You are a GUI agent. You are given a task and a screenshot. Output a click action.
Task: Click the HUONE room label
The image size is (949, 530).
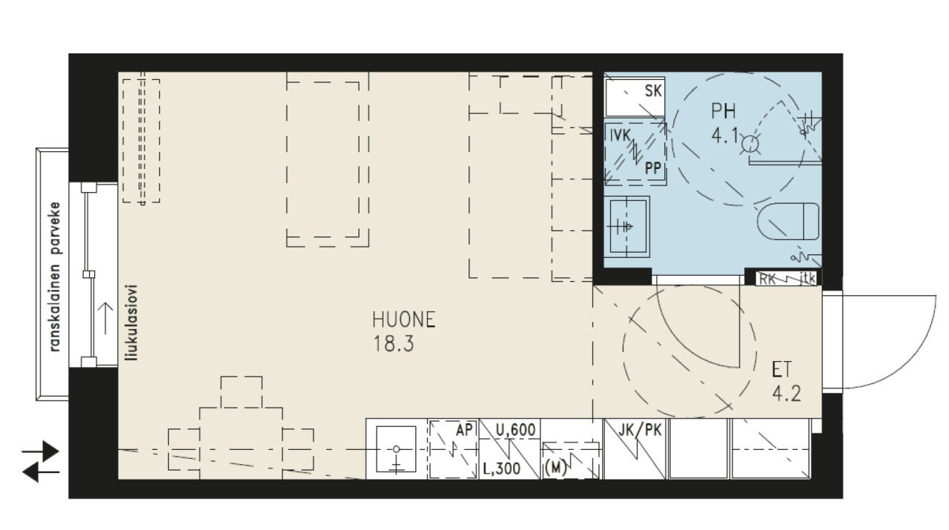[404, 320]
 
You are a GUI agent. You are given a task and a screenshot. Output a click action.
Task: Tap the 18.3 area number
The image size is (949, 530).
[393, 344]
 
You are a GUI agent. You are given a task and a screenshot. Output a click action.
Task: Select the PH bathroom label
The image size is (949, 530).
[723, 111]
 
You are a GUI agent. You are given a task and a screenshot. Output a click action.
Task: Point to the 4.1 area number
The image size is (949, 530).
[725, 136]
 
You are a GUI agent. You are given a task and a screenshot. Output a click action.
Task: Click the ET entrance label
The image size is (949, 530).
[781, 370]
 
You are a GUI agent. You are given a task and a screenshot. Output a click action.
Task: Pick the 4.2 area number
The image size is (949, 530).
[787, 394]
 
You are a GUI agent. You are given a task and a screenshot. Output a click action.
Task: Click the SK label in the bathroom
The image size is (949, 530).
[653, 91]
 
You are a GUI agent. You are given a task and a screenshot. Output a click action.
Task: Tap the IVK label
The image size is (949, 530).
[621, 136]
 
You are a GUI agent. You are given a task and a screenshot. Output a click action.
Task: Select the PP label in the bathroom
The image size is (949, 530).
[653, 168]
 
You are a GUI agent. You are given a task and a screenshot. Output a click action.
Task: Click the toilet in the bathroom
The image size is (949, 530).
[788, 221]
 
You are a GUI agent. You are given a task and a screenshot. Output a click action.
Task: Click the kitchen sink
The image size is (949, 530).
[396, 449]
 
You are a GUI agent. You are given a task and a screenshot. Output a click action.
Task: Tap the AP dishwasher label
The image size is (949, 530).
[464, 430]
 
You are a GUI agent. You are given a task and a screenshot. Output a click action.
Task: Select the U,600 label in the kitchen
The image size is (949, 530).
[515, 430]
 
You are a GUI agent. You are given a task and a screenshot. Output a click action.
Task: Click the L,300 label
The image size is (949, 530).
[502, 468]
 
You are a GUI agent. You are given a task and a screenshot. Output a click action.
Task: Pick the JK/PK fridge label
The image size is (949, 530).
[640, 431]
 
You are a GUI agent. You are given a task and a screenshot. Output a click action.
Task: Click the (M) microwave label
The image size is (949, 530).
[555, 468]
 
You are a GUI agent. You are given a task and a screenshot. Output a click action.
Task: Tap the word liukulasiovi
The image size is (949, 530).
[133, 323]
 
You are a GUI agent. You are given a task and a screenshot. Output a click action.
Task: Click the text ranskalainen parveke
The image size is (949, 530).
[55, 277]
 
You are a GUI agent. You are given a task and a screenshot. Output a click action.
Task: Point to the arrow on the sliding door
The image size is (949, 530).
[105, 319]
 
